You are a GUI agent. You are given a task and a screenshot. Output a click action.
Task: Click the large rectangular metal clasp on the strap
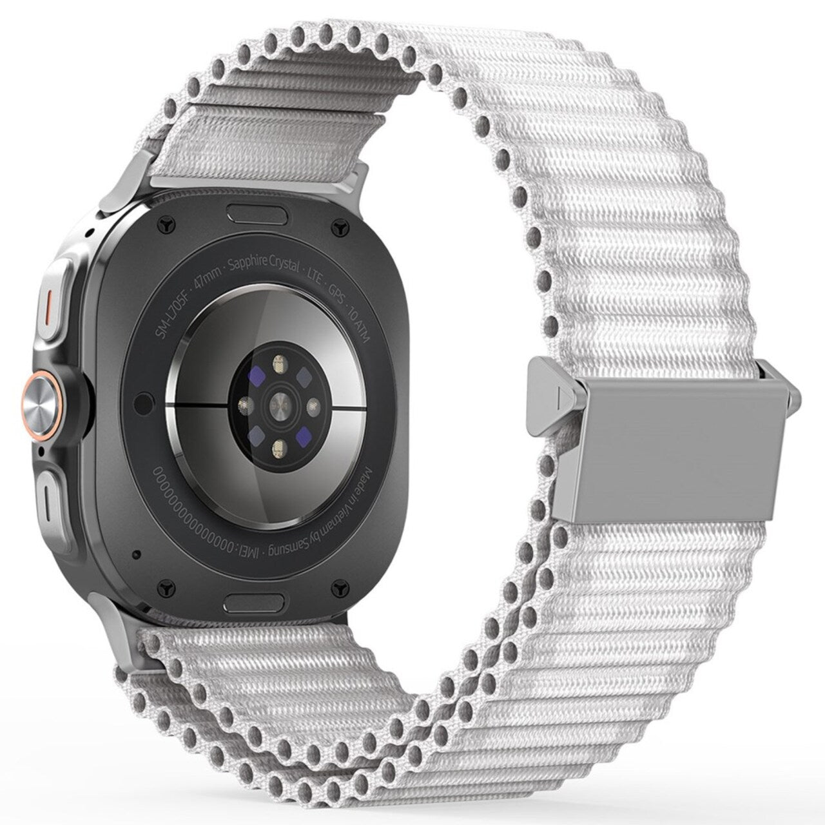(683, 445)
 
